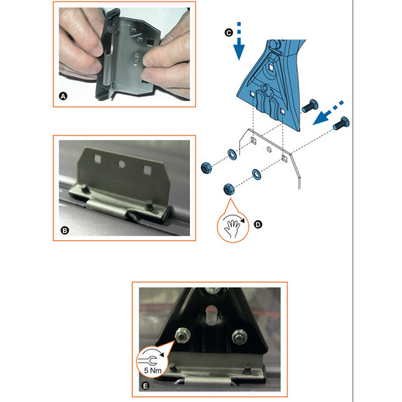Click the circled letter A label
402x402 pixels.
click(63, 96)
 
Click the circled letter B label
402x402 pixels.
click(64, 230)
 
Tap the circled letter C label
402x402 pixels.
click(229, 33)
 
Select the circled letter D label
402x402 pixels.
click(258, 224)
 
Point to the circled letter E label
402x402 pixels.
click(145, 386)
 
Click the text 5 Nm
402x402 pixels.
click(153, 371)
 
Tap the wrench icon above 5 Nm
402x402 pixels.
click(151, 358)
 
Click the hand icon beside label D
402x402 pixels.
click(232, 229)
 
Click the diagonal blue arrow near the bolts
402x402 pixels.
click(328, 113)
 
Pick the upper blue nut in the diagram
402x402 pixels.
click(206, 167)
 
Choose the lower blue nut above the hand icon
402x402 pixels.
click(229, 189)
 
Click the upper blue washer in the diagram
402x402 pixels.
click(232, 154)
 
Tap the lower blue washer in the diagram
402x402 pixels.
click(257, 174)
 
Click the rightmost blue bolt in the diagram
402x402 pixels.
click(341, 124)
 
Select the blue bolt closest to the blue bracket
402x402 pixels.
click(310, 106)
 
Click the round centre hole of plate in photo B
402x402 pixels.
click(121, 164)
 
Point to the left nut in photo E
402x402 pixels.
click(181, 335)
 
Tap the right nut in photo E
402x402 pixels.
click(240, 336)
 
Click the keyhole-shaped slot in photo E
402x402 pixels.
click(211, 315)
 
